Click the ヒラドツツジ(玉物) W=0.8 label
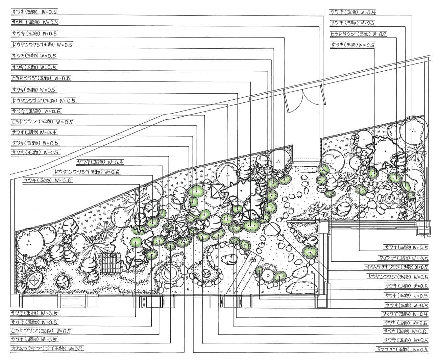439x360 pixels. pos(41,78)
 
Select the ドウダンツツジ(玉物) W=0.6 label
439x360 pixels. pos(87,172)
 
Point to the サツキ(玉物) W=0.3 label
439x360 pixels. pos(406,295)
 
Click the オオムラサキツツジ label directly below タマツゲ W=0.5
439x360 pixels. pos(397,267)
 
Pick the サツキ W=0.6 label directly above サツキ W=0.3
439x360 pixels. pos(406,286)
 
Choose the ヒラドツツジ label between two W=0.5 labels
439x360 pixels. pos(358,34)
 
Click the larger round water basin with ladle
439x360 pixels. pos(169,272)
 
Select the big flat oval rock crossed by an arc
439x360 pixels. pos(301,287)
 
